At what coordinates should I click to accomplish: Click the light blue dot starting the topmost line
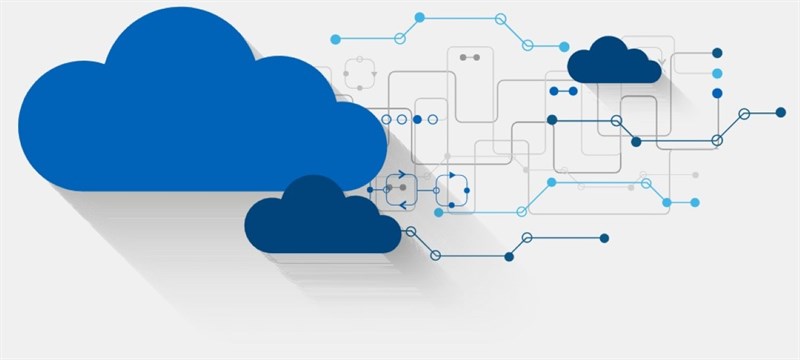(x=335, y=39)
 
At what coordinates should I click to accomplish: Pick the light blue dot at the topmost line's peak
(x=419, y=17)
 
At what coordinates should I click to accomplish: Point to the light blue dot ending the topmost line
(x=564, y=46)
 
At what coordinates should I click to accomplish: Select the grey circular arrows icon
(x=360, y=72)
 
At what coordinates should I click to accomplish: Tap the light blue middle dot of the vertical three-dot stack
(x=717, y=73)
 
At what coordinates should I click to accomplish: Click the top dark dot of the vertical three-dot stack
(x=717, y=53)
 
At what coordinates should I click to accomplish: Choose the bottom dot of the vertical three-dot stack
(x=717, y=93)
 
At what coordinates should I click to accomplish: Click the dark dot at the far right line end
(x=780, y=112)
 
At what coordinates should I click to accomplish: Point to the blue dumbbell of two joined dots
(x=563, y=91)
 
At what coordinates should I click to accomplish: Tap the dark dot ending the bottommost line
(x=604, y=238)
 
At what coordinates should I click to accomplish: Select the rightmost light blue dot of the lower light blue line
(x=694, y=202)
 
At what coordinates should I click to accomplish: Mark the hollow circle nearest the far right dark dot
(x=743, y=113)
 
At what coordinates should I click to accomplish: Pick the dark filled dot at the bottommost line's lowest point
(x=509, y=257)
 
